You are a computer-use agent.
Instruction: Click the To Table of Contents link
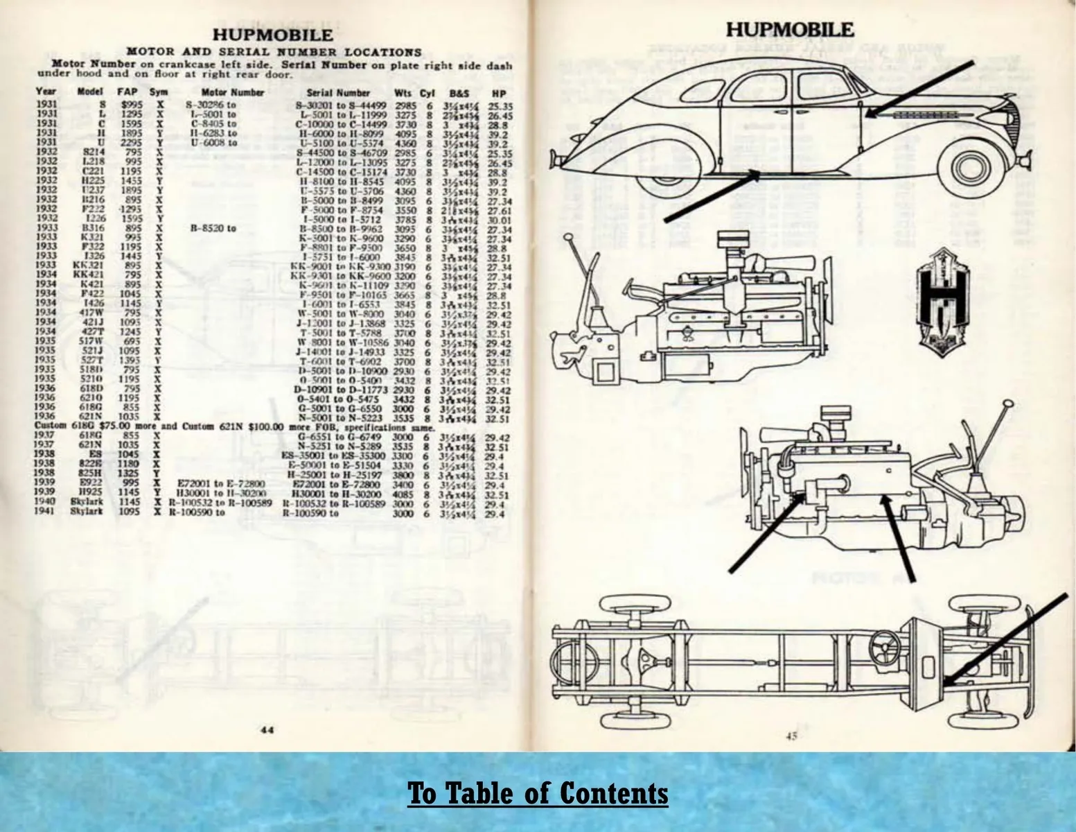(x=538, y=793)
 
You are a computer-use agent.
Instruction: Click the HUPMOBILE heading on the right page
(x=790, y=30)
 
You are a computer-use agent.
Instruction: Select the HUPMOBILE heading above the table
(x=272, y=35)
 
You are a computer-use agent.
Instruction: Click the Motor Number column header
(x=232, y=92)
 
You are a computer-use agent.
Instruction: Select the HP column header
(x=498, y=93)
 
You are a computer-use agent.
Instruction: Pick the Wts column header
(x=403, y=93)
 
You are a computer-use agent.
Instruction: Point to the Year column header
(x=46, y=92)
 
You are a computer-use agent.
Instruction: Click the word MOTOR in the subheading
(x=150, y=51)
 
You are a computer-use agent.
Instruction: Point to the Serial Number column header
(x=338, y=93)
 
